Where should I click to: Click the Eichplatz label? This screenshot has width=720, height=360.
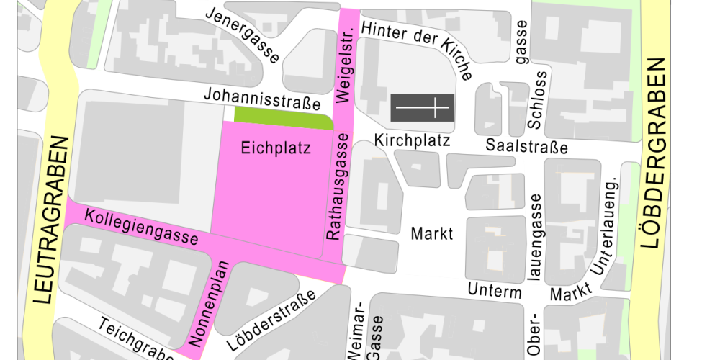(x=276, y=149)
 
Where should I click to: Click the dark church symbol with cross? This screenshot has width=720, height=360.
(x=422, y=108)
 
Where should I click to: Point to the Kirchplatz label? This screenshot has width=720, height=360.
(x=412, y=140)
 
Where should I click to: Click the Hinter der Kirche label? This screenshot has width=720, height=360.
(x=417, y=45)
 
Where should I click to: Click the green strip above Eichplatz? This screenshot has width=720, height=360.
(x=283, y=114)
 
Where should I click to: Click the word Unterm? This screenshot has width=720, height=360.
(x=495, y=291)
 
